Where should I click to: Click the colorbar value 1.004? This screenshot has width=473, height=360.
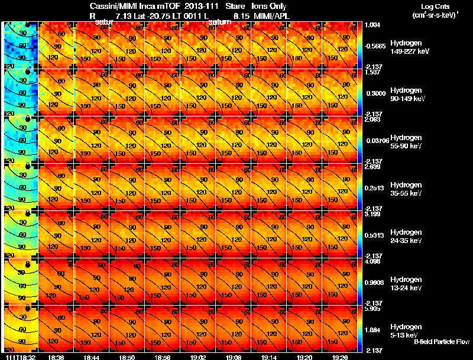click(372, 25)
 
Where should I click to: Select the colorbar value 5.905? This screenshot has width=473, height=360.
click(372, 309)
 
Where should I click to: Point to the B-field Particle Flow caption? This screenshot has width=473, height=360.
click(441, 342)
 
